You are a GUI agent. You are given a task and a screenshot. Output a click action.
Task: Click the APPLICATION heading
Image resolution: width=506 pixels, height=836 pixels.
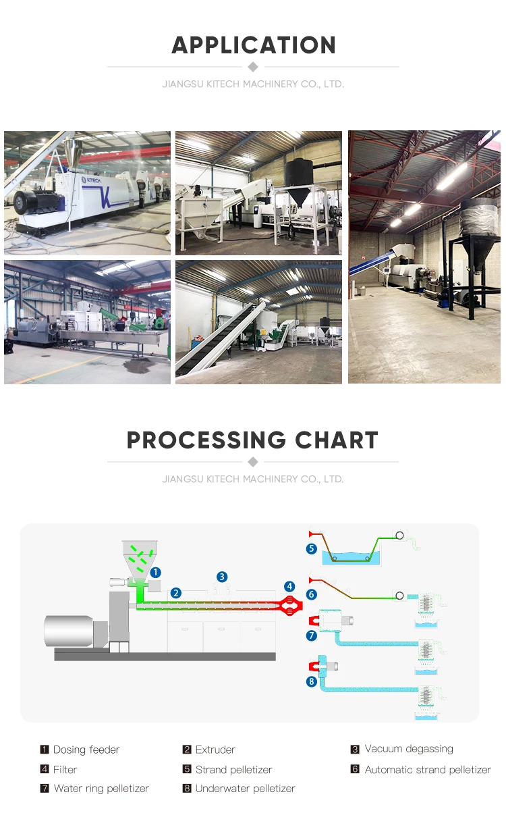[253, 45]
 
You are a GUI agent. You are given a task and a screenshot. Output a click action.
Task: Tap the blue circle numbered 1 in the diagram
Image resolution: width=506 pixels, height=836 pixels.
[155, 572]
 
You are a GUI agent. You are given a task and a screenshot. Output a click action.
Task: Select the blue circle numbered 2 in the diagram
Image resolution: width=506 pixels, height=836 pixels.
[175, 593]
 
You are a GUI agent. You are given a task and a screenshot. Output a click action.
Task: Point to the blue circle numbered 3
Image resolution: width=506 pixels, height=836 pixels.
[222, 577]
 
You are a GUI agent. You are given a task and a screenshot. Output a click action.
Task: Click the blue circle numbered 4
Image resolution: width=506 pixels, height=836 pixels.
[289, 586]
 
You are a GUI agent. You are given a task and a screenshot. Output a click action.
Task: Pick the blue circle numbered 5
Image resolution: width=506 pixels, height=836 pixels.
[312, 549]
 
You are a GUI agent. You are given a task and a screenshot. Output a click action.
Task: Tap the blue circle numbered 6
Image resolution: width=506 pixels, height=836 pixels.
[312, 595]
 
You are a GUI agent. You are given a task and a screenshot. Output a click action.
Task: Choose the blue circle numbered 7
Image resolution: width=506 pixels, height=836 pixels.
[312, 635]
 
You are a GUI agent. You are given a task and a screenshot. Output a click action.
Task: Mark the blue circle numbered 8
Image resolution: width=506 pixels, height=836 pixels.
[312, 682]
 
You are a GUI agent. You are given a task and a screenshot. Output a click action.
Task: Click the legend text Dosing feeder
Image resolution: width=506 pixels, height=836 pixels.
[86, 750]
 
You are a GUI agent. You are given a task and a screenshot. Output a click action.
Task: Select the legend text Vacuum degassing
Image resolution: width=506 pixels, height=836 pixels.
[409, 749]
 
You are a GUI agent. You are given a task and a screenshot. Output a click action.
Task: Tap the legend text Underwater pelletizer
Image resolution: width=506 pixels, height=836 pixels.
[245, 788]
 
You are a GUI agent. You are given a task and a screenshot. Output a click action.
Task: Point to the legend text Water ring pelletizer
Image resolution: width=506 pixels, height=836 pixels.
[101, 788]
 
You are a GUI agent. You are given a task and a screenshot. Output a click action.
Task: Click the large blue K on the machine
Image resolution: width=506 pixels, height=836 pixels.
[105, 197]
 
